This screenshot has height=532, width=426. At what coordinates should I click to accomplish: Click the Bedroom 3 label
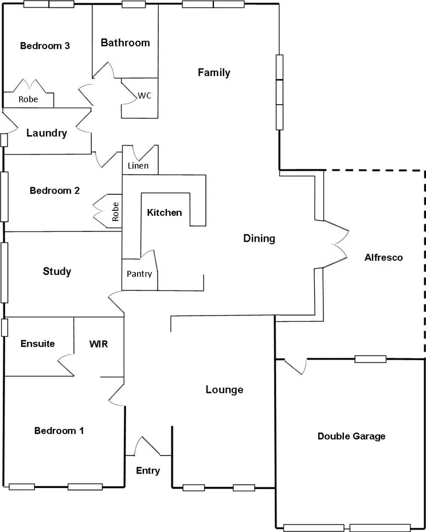click(45, 46)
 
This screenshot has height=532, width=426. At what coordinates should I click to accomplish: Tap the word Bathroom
click(125, 42)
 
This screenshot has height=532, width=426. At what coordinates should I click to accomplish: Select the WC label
click(144, 96)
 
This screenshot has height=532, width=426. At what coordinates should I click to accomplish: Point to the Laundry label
click(47, 133)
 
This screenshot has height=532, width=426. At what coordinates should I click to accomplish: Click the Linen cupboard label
click(139, 166)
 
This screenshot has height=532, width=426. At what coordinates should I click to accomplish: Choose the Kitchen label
click(165, 212)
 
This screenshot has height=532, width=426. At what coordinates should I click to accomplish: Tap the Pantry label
click(140, 274)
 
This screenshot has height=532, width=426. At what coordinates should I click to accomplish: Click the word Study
click(57, 271)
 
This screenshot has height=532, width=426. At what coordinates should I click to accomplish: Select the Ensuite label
click(38, 344)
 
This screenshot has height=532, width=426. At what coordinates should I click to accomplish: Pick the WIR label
click(99, 344)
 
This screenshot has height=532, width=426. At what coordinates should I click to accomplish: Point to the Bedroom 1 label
click(59, 431)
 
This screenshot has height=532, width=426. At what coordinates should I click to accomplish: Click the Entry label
click(148, 471)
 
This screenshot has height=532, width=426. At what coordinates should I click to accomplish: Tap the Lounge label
click(224, 390)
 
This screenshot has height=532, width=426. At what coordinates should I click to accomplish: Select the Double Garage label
click(351, 436)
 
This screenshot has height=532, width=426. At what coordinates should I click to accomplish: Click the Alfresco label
click(384, 257)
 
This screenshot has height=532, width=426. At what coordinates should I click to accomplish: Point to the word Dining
click(259, 238)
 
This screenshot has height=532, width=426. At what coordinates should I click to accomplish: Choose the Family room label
click(214, 72)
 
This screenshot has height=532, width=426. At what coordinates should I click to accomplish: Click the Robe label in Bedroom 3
click(28, 99)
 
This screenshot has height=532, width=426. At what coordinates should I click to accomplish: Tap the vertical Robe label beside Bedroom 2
click(115, 211)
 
